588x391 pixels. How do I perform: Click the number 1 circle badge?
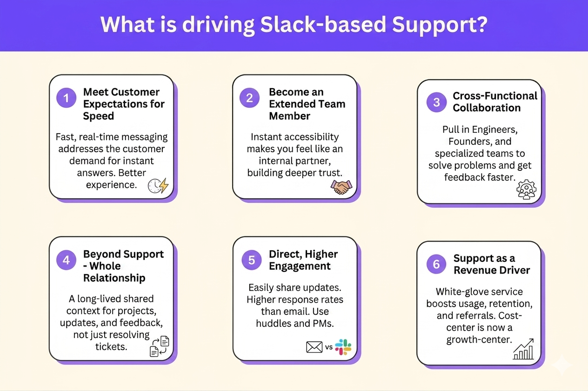pyautogui.click(x=66, y=98)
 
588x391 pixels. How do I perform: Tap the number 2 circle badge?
pyautogui.click(x=250, y=98)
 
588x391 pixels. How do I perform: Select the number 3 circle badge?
pyautogui.click(x=436, y=102)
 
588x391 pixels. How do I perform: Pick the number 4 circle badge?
pyautogui.click(x=66, y=260)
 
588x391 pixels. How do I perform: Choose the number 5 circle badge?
pyautogui.click(x=252, y=260)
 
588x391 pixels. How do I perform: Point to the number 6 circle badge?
pyautogui.click(x=436, y=264)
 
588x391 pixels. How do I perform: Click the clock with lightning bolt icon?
pyautogui.click(x=158, y=186)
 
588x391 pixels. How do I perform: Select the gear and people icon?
pyautogui.click(x=526, y=190)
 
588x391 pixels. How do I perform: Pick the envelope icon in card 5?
pyautogui.click(x=314, y=347)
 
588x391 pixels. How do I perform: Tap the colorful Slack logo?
pyautogui.click(x=343, y=347)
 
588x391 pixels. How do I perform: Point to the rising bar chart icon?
pyautogui.click(x=523, y=350)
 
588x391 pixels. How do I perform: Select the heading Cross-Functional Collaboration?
pyautogui.click(x=495, y=102)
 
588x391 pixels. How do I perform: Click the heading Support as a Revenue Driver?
pyautogui.click(x=492, y=264)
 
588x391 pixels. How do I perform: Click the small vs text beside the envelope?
pyautogui.click(x=329, y=347)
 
